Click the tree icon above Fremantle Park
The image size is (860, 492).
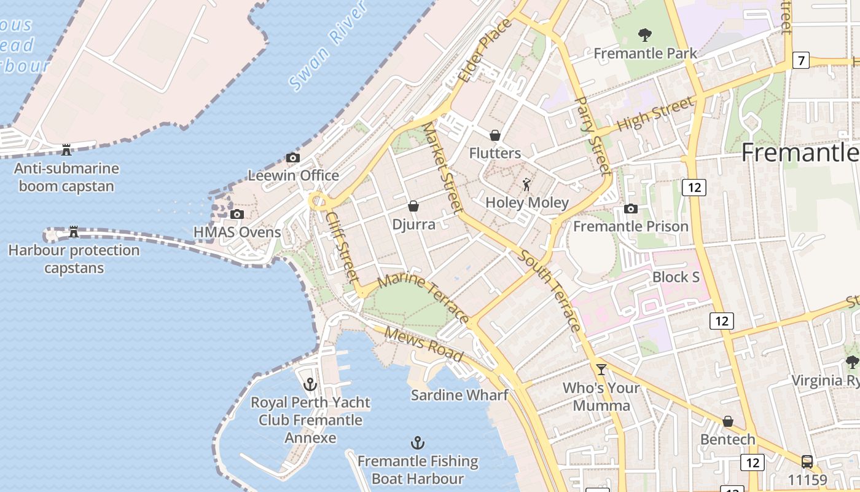(644, 34)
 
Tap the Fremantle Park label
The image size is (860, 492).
(645, 54)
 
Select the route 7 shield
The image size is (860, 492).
(800, 60)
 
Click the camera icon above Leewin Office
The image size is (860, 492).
(293, 157)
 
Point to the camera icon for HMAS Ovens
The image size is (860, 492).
(237, 214)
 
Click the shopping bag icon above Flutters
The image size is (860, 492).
(495, 135)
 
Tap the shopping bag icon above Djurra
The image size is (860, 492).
(413, 206)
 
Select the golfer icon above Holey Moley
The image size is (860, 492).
(526, 184)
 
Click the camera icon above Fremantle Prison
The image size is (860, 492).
(630, 208)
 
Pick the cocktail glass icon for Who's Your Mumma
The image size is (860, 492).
(601, 369)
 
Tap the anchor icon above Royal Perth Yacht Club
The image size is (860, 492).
(311, 384)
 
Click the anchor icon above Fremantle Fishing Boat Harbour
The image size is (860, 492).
(418, 443)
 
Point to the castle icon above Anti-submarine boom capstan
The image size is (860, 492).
(66, 149)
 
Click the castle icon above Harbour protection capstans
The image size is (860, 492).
(74, 231)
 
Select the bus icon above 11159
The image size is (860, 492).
(807, 461)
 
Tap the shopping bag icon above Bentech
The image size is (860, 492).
(728, 421)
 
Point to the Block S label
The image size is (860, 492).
(676, 277)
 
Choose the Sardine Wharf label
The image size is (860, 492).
(459, 395)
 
